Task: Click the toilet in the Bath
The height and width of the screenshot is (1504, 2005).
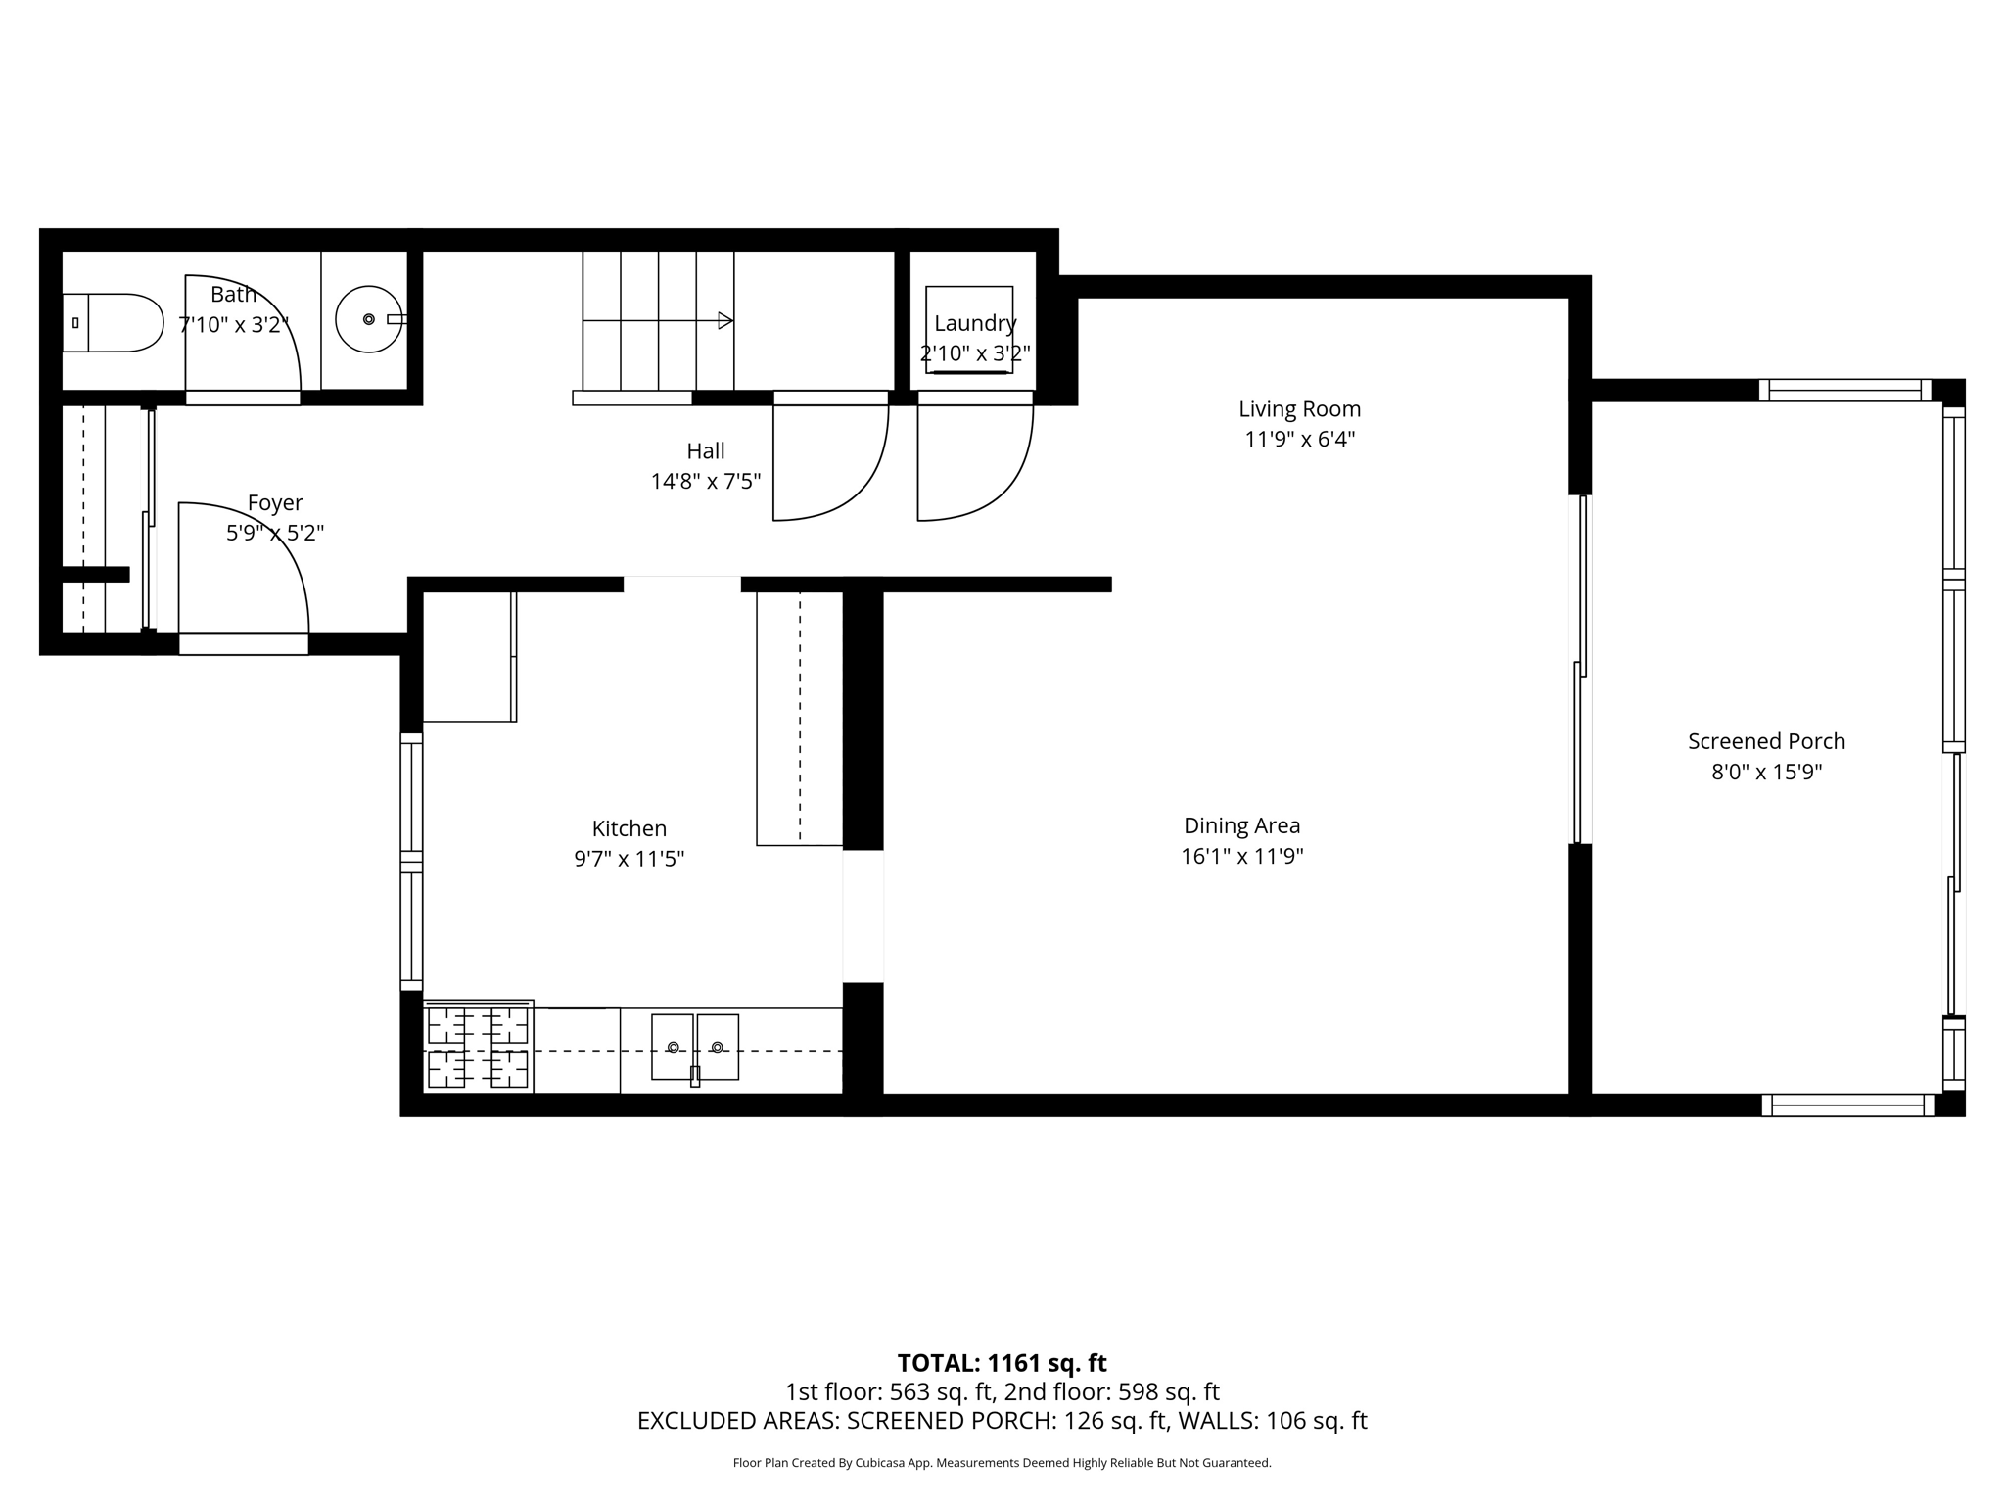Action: (x=113, y=322)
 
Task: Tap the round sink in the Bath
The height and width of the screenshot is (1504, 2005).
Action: (x=369, y=319)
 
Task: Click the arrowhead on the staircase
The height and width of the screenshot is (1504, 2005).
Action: (x=725, y=320)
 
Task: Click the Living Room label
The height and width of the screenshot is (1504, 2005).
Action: (x=1299, y=409)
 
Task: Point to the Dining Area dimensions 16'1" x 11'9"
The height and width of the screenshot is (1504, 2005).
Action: (x=1241, y=857)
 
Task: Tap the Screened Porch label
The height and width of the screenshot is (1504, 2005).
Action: (x=1766, y=742)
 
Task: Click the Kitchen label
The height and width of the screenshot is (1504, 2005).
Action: (x=629, y=828)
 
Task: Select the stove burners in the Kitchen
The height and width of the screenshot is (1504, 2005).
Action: (x=479, y=1047)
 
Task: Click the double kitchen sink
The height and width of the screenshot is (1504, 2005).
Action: (x=695, y=1048)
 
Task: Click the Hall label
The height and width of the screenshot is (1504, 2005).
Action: (x=705, y=451)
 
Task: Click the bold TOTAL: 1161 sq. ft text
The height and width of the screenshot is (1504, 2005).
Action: (x=1002, y=1363)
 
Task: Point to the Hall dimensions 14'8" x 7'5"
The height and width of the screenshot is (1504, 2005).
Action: (x=705, y=482)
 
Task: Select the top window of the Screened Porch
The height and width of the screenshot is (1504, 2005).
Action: (x=1844, y=391)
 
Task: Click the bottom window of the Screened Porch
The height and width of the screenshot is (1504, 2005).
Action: (x=1847, y=1105)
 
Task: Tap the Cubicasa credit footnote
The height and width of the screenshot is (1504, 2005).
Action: (x=1002, y=1463)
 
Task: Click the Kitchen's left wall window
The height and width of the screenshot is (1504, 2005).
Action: (x=411, y=862)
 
